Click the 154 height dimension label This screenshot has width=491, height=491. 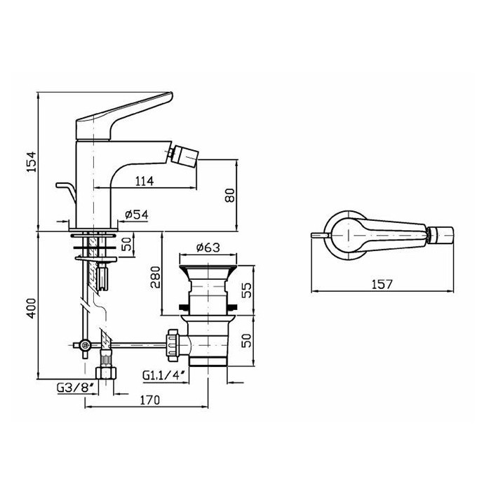[x=32, y=162]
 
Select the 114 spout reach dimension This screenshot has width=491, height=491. [x=144, y=181]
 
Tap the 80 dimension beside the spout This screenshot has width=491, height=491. [x=230, y=196]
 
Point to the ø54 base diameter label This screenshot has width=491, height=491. [x=137, y=215]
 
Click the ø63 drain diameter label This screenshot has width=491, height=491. [x=208, y=248]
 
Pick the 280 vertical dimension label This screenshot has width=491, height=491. [x=155, y=277]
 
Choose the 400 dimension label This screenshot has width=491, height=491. [x=32, y=309]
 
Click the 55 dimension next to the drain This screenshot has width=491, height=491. [x=247, y=290]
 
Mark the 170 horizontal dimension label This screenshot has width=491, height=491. [x=149, y=400]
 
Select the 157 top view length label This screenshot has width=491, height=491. [x=382, y=284]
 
